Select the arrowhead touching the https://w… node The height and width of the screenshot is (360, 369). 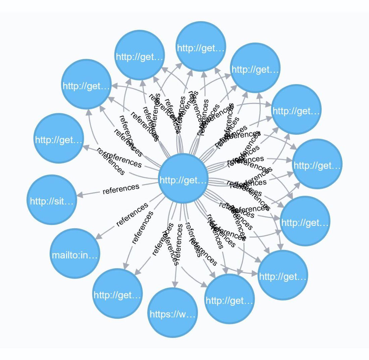click(x=174, y=284)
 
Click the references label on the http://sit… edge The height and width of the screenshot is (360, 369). click(x=121, y=188)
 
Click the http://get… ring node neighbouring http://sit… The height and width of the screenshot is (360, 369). click(x=59, y=138)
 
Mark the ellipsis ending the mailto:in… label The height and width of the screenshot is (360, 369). click(x=94, y=256)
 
